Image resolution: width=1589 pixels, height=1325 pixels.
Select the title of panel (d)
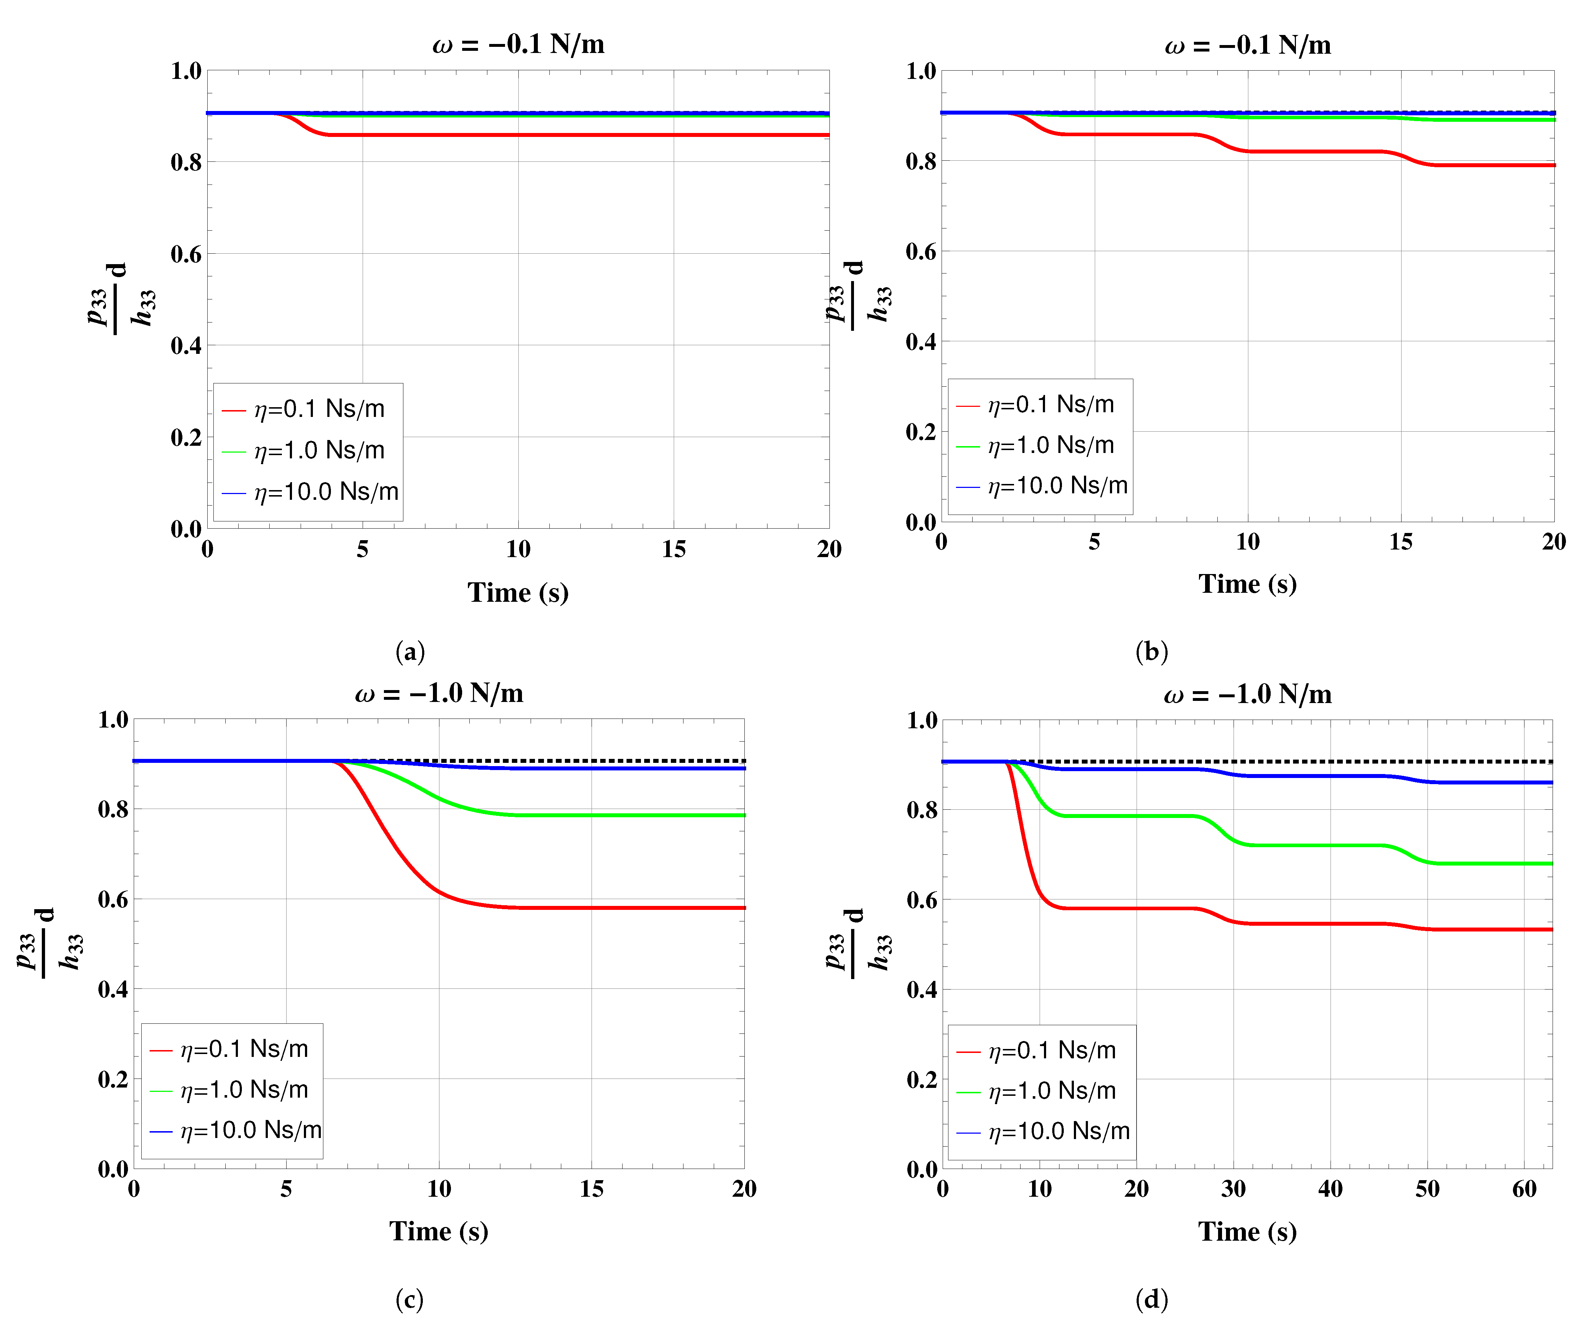click(1247, 694)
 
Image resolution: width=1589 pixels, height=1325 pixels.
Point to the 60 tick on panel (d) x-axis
click(1524, 1190)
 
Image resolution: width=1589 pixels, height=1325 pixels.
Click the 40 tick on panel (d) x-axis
click(1330, 1190)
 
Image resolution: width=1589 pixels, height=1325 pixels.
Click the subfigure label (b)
click(1152, 651)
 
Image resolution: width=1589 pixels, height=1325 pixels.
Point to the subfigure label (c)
click(410, 1299)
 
